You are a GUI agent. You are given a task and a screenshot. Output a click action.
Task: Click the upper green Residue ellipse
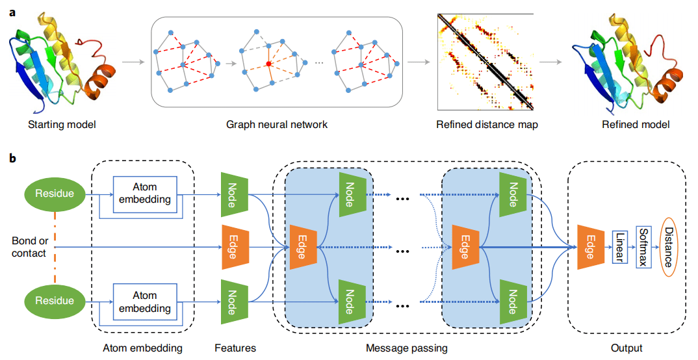55,194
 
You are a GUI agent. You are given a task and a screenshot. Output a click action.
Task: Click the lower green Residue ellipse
55,301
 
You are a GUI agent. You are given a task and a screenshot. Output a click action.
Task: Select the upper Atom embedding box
145,193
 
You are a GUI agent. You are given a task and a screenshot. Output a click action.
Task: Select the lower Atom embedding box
145,302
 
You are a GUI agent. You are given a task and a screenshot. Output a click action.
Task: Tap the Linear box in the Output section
619,247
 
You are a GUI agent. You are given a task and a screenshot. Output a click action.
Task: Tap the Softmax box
643,247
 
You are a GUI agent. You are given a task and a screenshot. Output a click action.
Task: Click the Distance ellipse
669,247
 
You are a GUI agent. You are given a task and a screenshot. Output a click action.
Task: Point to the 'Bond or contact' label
29,247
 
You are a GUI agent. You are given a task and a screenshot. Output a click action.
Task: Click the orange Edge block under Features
235,247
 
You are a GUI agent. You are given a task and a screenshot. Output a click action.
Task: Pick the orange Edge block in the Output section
591,247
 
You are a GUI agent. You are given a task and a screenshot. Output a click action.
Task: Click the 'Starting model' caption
62,125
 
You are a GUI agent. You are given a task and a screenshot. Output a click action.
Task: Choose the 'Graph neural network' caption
277,125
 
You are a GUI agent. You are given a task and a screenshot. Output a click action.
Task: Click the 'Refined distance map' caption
487,125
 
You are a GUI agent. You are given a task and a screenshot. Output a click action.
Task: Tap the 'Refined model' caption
636,125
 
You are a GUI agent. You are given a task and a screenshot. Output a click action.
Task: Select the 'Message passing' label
407,348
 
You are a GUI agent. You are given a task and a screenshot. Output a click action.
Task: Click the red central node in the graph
269,64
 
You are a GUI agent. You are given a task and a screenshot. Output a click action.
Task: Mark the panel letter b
13,158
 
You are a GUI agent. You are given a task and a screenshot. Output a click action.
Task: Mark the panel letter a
12,12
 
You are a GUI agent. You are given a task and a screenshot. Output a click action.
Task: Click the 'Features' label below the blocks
235,348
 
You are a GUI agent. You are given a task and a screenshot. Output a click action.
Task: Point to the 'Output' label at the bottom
627,348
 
